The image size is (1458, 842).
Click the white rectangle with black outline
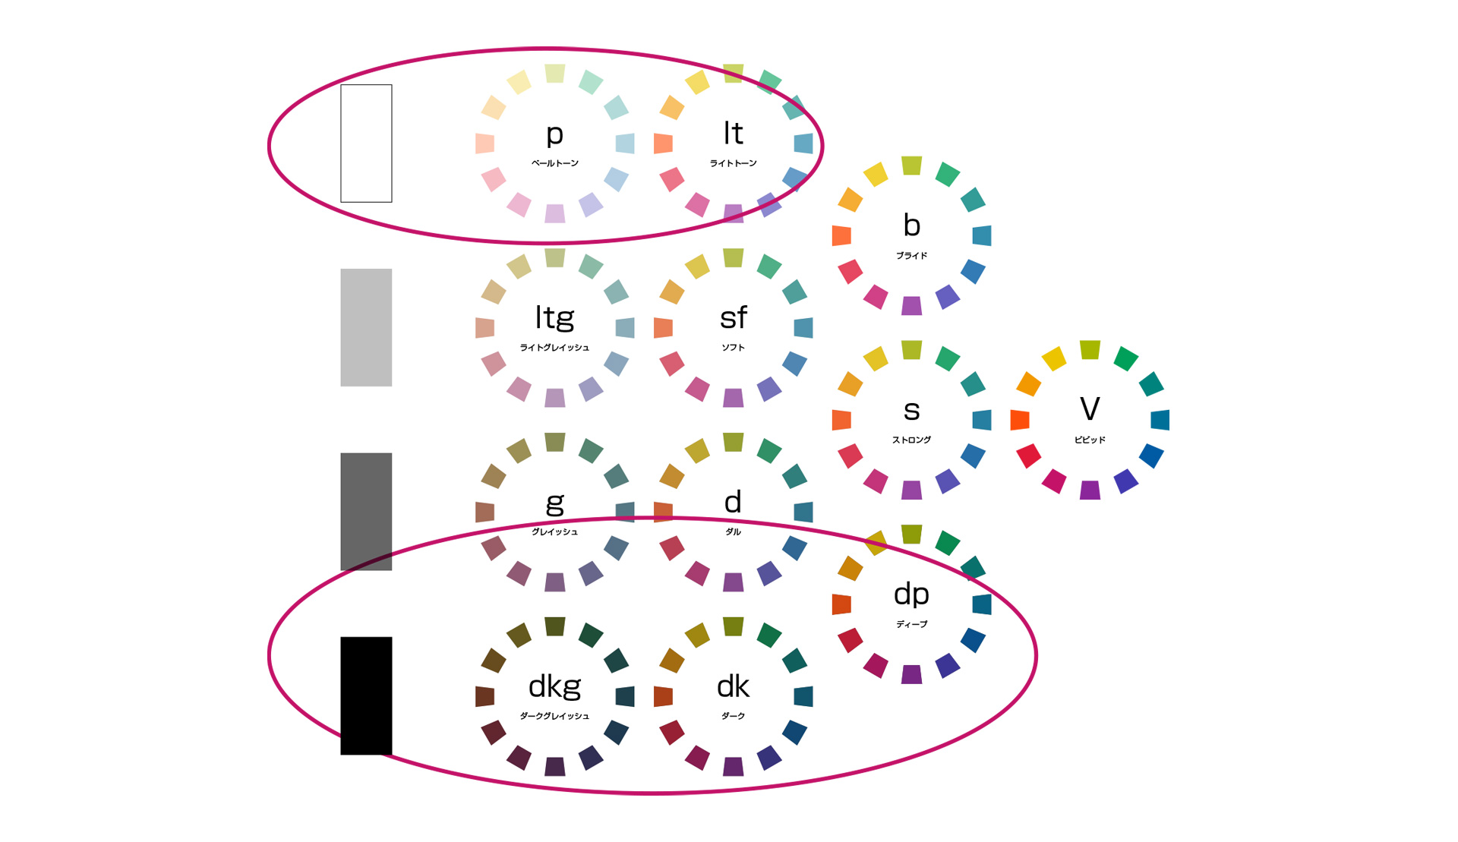pyautogui.click(x=366, y=143)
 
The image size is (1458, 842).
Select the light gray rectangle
pyautogui.click(x=366, y=327)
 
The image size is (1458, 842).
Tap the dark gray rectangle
pyautogui.click(x=366, y=512)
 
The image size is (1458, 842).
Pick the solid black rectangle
pyautogui.click(x=366, y=695)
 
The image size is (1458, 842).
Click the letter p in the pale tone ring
pyautogui.click(x=555, y=135)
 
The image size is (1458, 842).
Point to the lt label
pyautogui.click(x=733, y=133)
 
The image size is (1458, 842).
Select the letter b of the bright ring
pyautogui.click(x=911, y=225)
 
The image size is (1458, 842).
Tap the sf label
pyautogui.click(x=734, y=317)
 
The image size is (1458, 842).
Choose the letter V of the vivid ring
pyautogui.click(x=1090, y=409)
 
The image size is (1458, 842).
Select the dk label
pyautogui.click(x=733, y=686)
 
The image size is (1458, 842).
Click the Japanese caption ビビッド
pyautogui.click(x=1090, y=440)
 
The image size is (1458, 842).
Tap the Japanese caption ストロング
pyautogui.click(x=911, y=440)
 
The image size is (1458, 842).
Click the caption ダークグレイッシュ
pyautogui.click(x=554, y=716)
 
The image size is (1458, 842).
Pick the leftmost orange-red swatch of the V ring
pyautogui.click(x=1020, y=420)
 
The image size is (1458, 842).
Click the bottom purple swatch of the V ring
pyautogui.click(x=1090, y=490)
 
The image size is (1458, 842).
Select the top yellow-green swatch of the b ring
pyautogui.click(x=911, y=166)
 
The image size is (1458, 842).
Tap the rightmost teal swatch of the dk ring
pyautogui.click(x=803, y=696)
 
